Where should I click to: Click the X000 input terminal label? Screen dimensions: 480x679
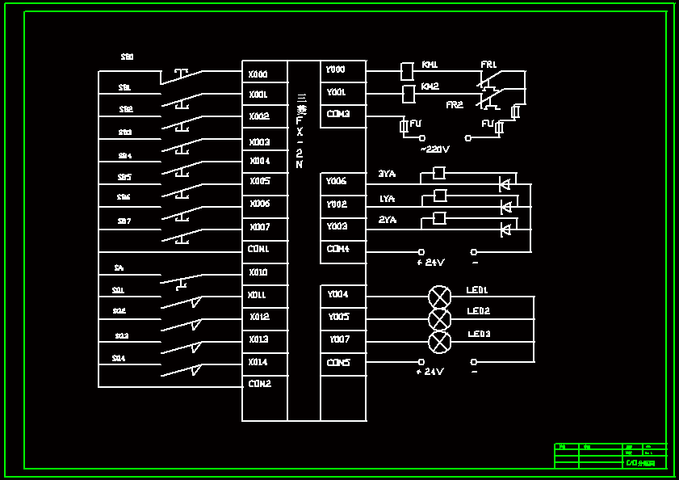258,74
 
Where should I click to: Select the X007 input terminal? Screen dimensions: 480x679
260,228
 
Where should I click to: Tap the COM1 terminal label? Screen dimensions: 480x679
259,250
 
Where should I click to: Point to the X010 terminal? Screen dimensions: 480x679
258,273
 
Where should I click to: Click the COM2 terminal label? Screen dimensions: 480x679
259,384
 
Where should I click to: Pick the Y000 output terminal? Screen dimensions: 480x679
336,70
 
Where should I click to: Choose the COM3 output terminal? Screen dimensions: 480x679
338,115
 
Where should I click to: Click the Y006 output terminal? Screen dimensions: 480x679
337,182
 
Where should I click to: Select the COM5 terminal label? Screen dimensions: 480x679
338,363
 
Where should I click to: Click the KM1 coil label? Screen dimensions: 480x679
430,65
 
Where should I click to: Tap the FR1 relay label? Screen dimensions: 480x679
489,65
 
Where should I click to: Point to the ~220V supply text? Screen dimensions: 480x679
435,149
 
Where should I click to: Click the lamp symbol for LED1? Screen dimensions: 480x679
439,297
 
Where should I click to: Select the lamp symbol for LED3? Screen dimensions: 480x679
439,342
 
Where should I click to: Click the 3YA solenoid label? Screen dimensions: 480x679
387,174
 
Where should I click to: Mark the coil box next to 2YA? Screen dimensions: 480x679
440,218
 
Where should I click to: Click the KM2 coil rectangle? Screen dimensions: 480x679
409,95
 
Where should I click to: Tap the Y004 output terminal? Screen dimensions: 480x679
337,295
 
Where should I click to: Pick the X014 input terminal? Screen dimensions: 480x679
258,363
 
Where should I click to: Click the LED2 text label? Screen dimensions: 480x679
479,311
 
